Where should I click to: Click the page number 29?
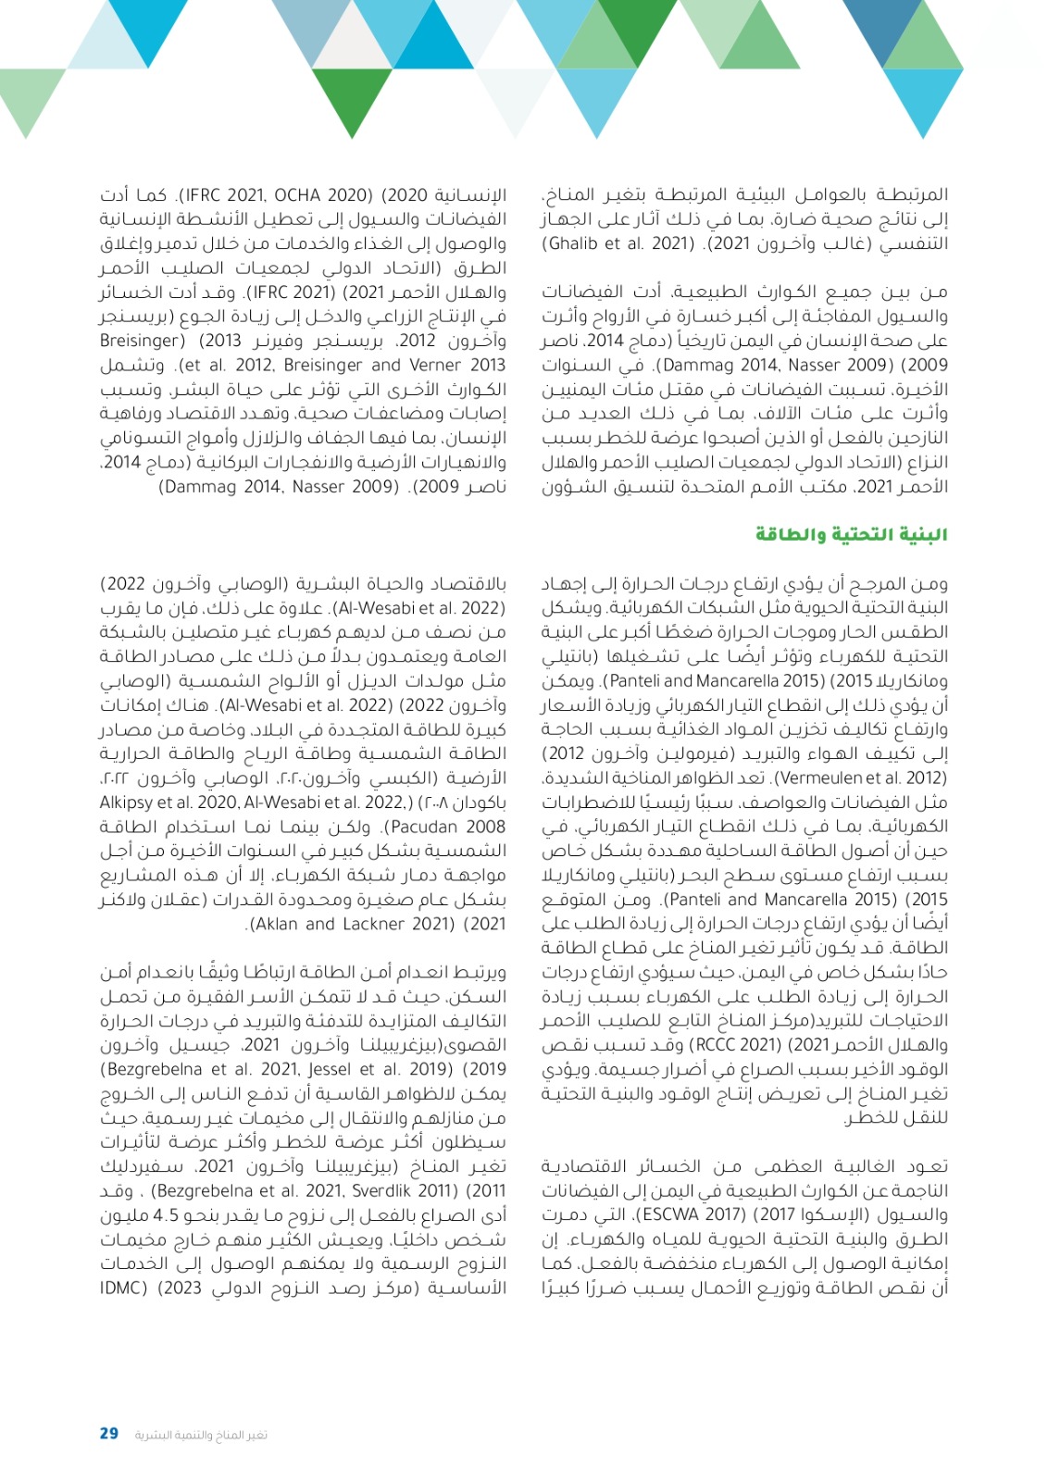[109, 1433]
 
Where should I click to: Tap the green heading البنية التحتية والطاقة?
[851, 535]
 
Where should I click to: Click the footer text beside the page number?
[201, 1434]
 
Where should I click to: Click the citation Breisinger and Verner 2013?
[394, 365]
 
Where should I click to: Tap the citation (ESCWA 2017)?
[680, 1215]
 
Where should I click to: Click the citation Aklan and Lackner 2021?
[329, 924]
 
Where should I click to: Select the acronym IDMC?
[124, 1288]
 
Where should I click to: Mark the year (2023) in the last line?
[180, 1288]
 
